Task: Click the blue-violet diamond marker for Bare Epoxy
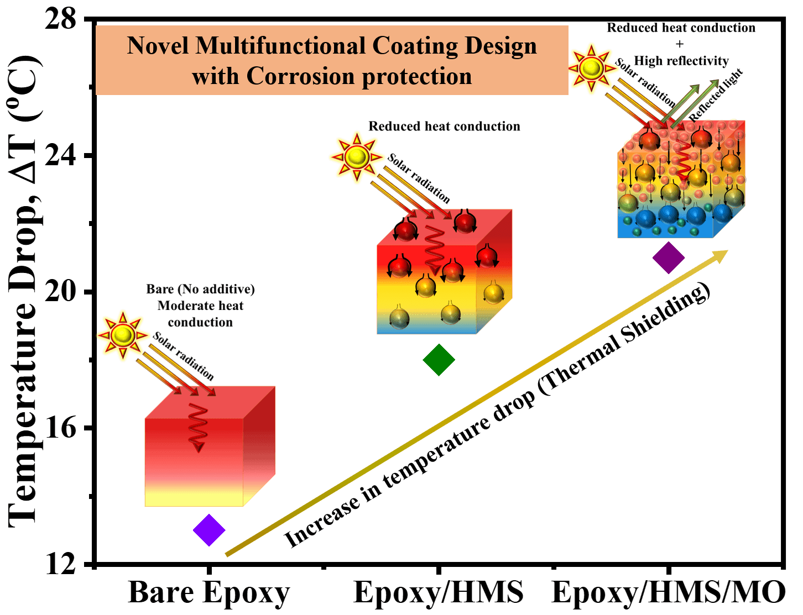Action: (x=209, y=530)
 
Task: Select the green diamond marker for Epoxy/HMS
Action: (x=439, y=360)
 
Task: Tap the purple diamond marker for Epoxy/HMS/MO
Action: (x=669, y=257)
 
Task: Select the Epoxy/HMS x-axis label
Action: (x=439, y=592)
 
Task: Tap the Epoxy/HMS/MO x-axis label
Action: (x=668, y=592)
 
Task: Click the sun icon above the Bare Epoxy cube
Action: (x=123, y=335)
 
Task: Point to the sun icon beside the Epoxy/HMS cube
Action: (x=357, y=157)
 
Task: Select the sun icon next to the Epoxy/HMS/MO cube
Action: (x=592, y=68)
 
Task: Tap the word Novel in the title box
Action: (x=158, y=46)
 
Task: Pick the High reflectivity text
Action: (x=681, y=61)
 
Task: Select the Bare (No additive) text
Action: (x=201, y=289)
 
